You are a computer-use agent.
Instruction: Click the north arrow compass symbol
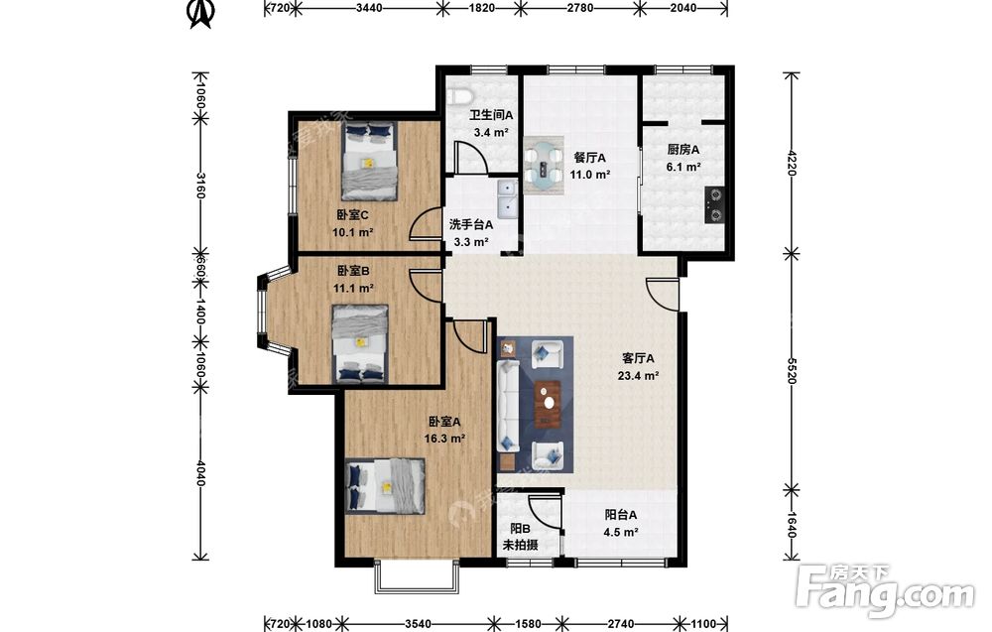[x=202, y=14]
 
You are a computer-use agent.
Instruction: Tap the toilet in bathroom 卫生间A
[x=460, y=97]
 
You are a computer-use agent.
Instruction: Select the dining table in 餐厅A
[x=544, y=163]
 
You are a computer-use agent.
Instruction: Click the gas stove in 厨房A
[x=714, y=205]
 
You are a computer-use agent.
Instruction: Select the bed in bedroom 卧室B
[x=360, y=344]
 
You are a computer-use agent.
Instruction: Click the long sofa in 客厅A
[x=508, y=406]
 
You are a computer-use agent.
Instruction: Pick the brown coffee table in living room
[x=548, y=404]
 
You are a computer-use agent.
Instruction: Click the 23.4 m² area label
[x=638, y=376]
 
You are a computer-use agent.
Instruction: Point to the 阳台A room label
[x=621, y=515]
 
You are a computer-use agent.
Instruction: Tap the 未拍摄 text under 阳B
[x=520, y=545]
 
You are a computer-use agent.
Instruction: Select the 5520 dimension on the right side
[x=791, y=370]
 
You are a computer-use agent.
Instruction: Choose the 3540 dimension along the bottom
[x=418, y=624]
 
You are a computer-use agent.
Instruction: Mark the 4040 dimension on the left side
[x=200, y=473]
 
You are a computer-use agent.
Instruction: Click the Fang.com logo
[x=886, y=591]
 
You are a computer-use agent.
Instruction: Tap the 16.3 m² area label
[x=444, y=439]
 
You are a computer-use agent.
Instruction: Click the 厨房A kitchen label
[x=683, y=150]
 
